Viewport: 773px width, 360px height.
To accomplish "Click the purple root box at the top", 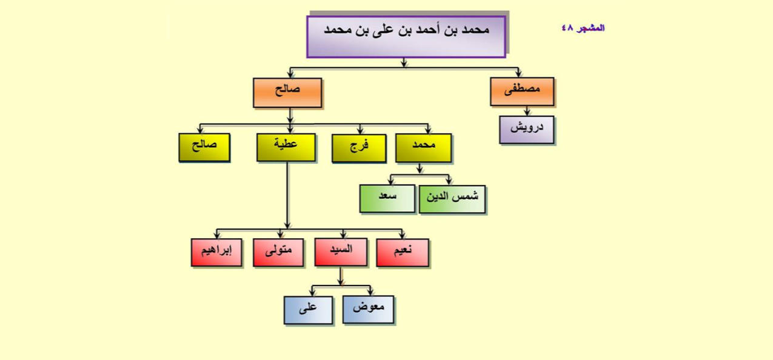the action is [406, 36].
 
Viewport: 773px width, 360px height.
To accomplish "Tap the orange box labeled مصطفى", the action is [522, 92].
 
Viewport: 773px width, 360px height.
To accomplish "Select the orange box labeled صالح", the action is [287, 93].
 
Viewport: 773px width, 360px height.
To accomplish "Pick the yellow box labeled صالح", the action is [204, 148].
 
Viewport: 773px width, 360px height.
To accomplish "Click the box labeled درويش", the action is [527, 130].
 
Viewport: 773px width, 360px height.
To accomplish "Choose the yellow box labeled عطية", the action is [286, 148].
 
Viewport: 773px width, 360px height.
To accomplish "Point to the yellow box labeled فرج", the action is [359, 148].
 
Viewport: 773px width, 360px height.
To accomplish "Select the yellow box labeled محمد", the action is [423, 148].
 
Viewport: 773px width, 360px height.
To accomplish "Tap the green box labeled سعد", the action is [387, 199].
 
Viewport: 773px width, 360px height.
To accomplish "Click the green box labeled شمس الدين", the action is [452, 199].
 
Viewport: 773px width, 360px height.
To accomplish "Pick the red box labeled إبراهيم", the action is [216, 253].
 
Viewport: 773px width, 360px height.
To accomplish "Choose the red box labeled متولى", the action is [278, 253].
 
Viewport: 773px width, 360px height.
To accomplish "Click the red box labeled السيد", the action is [341, 252].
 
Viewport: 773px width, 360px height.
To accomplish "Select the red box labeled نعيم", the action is [403, 253].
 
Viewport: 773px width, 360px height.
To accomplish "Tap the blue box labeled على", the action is [308, 310].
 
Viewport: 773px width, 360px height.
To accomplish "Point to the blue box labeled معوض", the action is [368, 310].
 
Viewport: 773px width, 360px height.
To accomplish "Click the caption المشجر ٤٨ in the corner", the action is [583, 28].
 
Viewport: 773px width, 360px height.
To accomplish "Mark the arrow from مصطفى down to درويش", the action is [527, 111].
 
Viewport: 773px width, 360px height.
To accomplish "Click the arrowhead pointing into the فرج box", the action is [360, 131].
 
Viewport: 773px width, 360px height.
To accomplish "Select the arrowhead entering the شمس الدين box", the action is [449, 181].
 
